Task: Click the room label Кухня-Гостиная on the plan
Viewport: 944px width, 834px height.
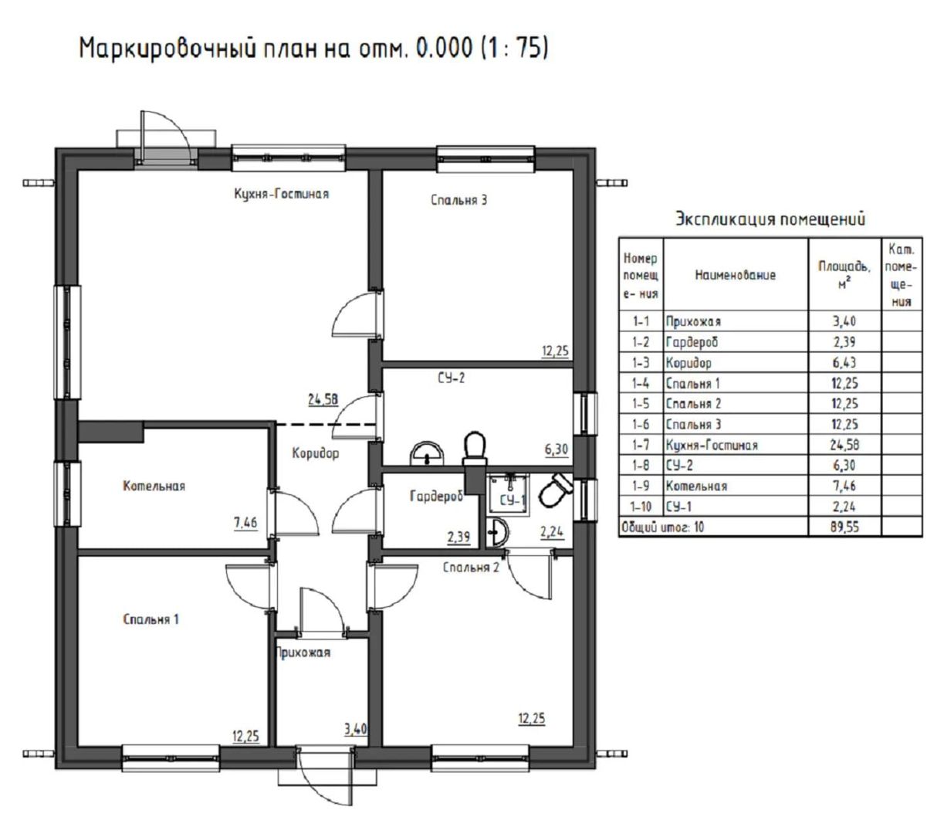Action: click(x=281, y=194)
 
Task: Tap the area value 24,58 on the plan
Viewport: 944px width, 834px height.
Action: click(x=323, y=399)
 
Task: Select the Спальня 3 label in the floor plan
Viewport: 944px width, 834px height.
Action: click(x=458, y=200)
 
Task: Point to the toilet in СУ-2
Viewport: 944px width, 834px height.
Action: click(x=475, y=448)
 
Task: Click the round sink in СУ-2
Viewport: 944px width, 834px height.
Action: click(x=426, y=454)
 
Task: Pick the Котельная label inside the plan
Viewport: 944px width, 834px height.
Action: click(x=154, y=486)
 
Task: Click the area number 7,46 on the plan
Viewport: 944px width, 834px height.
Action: click(x=245, y=523)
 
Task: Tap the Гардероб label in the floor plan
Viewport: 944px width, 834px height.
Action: click(x=436, y=496)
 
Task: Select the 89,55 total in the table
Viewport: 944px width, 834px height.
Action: click(x=844, y=527)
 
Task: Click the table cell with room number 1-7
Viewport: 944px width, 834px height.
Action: click(x=640, y=445)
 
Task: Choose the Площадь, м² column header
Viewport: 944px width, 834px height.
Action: click(x=844, y=275)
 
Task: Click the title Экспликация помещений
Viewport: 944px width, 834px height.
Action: click(x=770, y=219)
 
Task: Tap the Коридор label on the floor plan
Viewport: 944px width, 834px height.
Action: click(x=316, y=453)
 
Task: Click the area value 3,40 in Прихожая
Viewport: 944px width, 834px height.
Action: click(x=356, y=729)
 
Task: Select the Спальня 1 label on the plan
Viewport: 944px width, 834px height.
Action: click(x=151, y=619)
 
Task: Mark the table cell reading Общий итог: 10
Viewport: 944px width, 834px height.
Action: click(x=662, y=527)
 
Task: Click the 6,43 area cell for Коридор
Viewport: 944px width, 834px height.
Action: click(x=844, y=362)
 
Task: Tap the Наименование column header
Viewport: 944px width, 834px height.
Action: click(x=736, y=275)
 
